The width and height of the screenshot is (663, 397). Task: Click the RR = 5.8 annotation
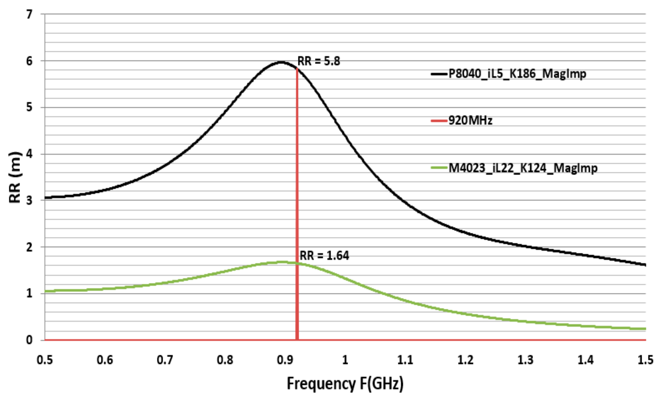tap(319, 61)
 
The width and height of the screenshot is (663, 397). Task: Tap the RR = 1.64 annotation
tap(324, 256)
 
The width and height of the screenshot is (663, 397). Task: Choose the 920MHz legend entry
tap(470, 121)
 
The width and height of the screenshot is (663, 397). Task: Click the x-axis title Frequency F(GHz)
tap(345, 383)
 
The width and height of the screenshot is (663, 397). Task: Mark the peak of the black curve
tap(281, 62)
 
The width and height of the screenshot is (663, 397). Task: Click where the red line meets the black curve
tap(297, 69)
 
